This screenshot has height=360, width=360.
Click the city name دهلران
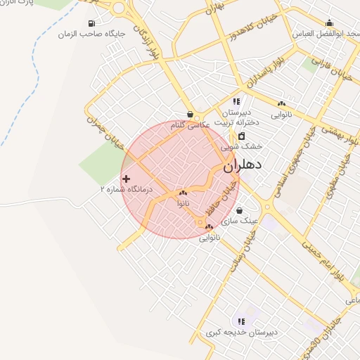pyautogui.click(x=243, y=167)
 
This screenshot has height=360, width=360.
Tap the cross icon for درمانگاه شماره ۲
pyautogui.click(x=126, y=179)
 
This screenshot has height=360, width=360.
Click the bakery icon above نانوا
pyautogui.click(x=183, y=193)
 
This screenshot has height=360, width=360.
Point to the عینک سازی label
pyautogui.click(x=240, y=220)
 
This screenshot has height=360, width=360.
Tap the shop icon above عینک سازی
pyautogui.click(x=240, y=210)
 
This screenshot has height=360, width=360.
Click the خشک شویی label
pyautogui.click(x=241, y=146)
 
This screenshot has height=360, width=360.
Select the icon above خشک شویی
pyautogui.click(x=241, y=136)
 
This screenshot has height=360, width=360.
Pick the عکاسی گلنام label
pyautogui.click(x=192, y=124)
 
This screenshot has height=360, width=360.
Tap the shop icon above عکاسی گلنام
pyautogui.click(x=191, y=114)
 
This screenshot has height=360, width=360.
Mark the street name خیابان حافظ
pyautogui.click(x=212, y=200)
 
